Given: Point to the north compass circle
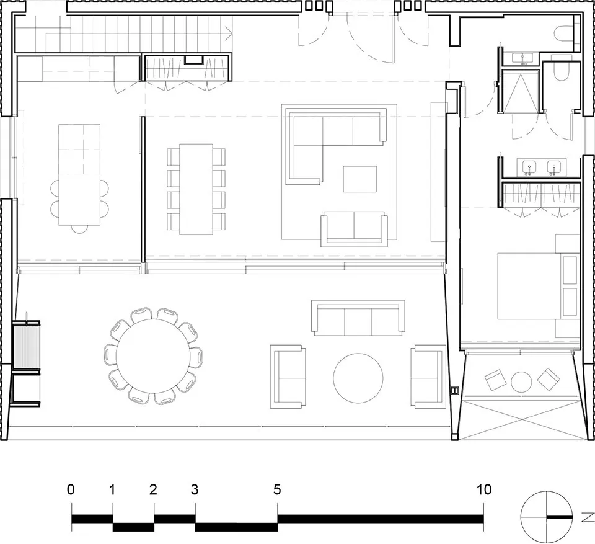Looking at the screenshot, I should click(x=546, y=516).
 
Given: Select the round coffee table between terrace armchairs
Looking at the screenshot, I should click(x=359, y=378).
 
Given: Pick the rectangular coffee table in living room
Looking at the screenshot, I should click(x=360, y=179).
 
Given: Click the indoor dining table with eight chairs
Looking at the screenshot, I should click(x=196, y=189).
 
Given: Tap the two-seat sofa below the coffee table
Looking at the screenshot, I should click(x=353, y=228).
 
